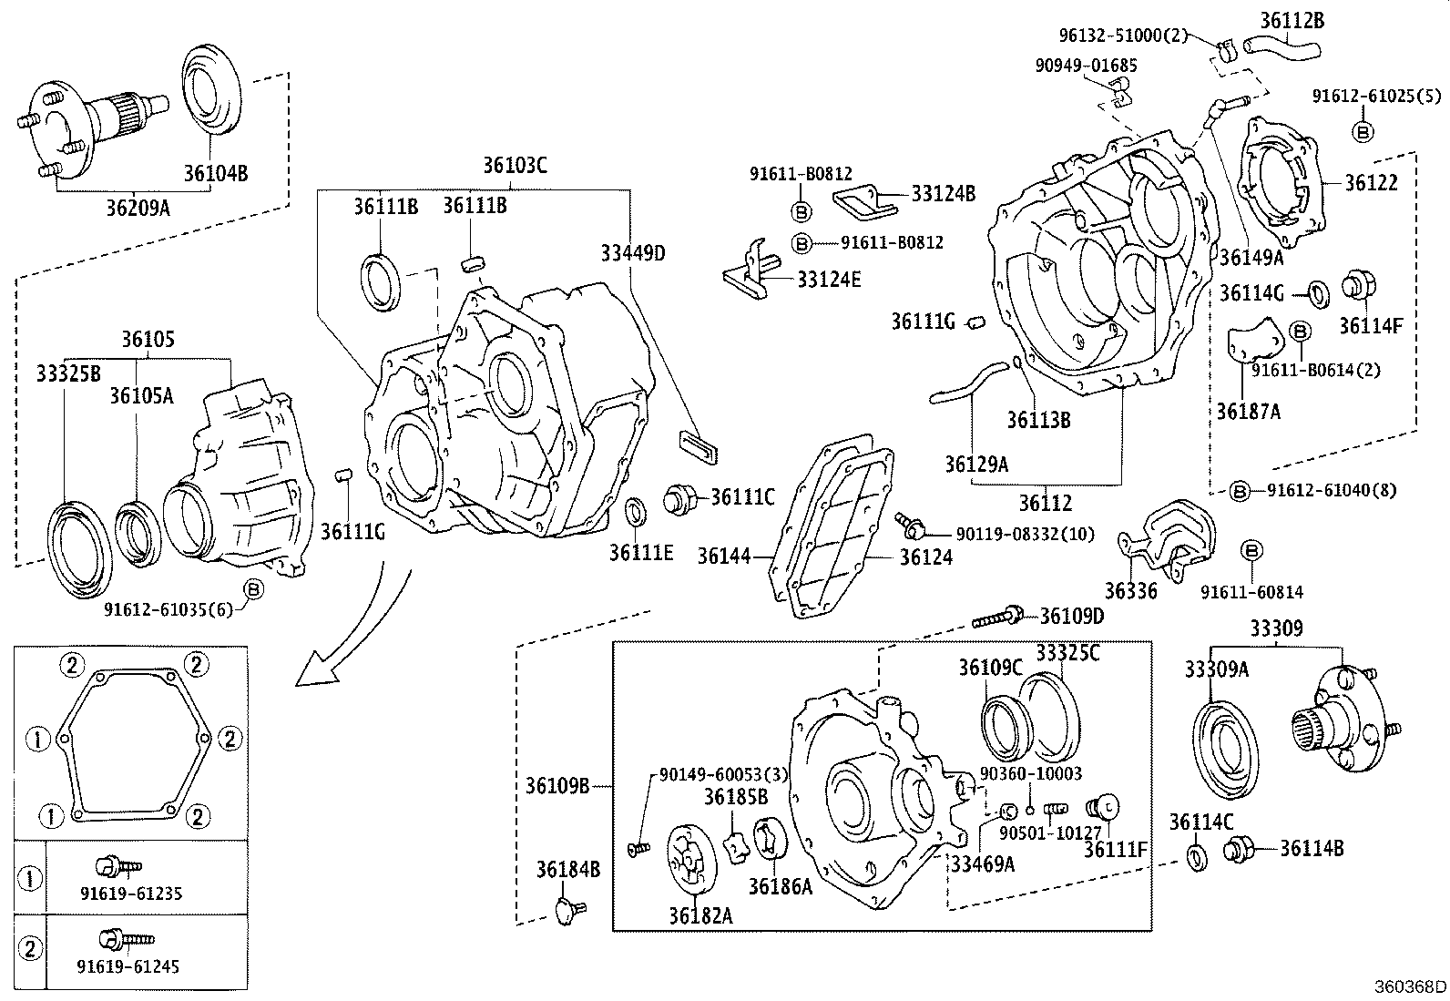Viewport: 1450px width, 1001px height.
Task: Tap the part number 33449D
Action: [x=633, y=252]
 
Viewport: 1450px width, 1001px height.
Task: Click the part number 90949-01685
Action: [x=1086, y=66]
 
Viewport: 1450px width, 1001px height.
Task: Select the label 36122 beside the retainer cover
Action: [x=1371, y=182]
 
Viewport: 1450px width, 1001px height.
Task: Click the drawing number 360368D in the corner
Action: [x=1410, y=986]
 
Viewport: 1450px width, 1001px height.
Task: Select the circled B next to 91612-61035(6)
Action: [x=254, y=590]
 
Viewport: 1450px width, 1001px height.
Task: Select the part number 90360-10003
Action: [x=1031, y=773]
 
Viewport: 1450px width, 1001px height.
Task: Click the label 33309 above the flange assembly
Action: [x=1275, y=628]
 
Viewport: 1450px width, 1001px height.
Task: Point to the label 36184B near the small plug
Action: [x=567, y=870]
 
